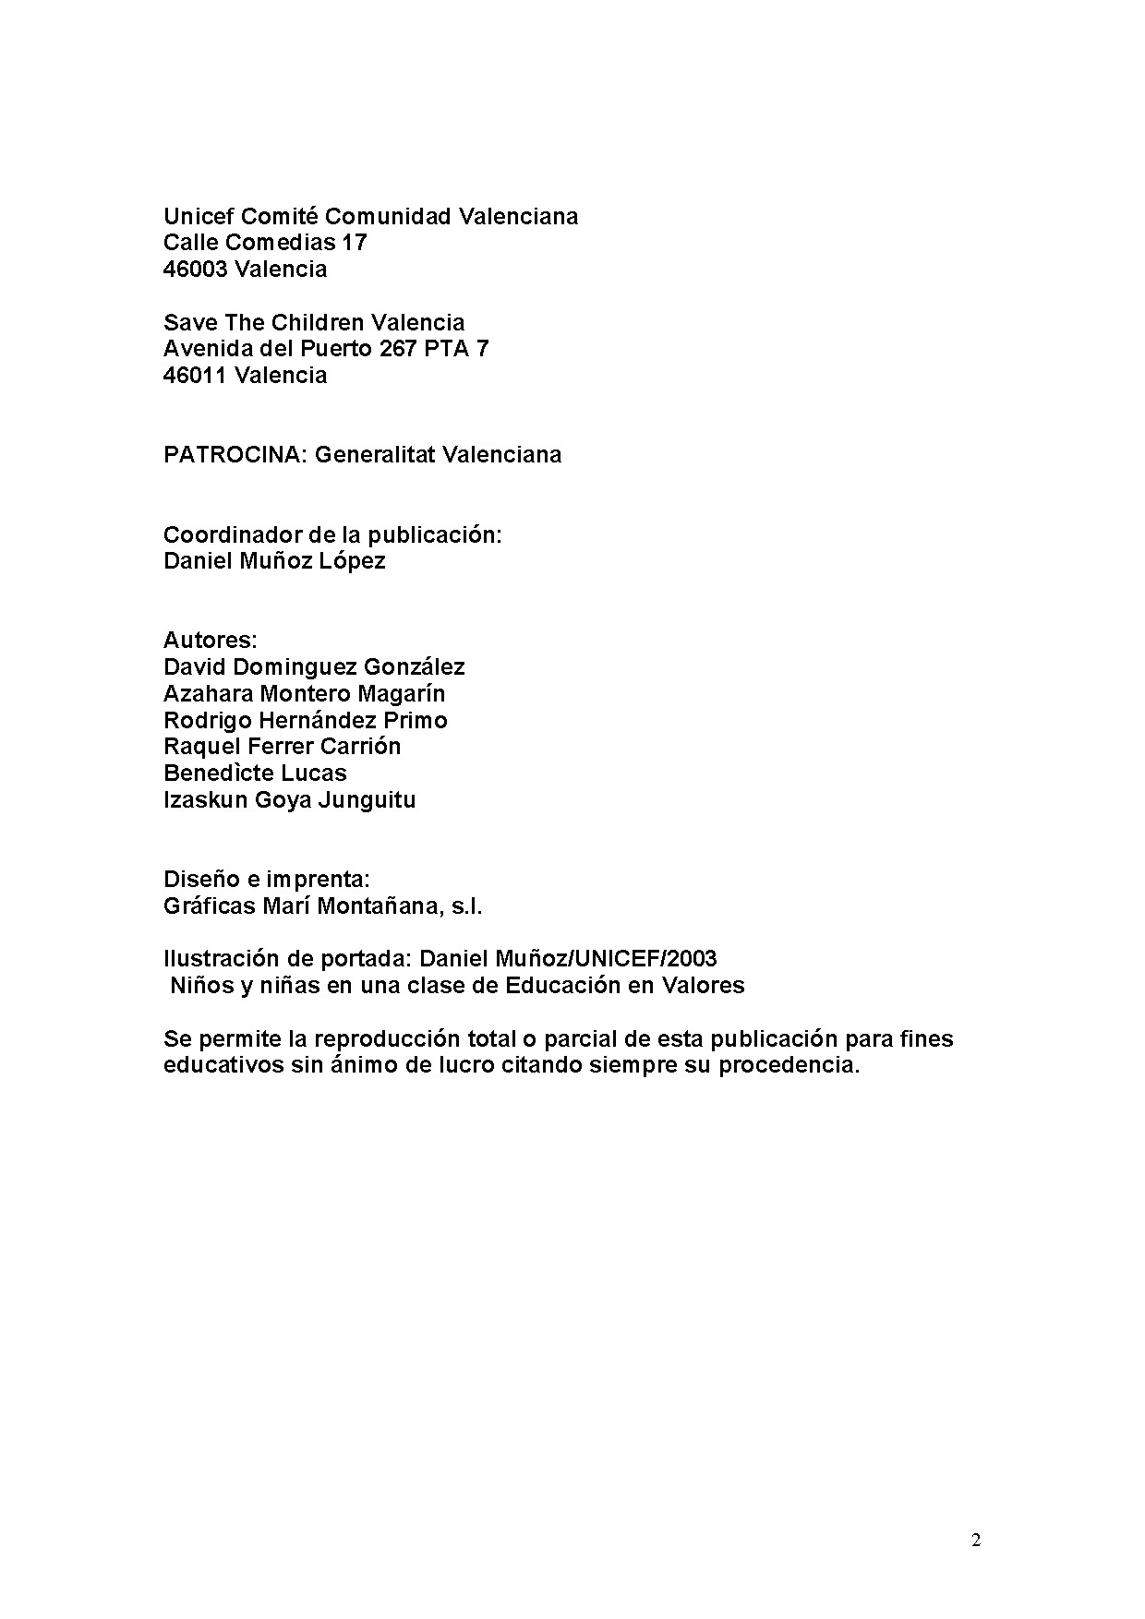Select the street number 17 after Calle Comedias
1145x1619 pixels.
(355, 243)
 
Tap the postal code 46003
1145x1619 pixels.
(195, 270)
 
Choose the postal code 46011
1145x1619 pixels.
(195, 376)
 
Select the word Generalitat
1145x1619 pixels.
(374, 455)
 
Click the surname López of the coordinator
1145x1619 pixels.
(354, 561)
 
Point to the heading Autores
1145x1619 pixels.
(210, 641)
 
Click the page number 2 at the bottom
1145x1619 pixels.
(976, 1541)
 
